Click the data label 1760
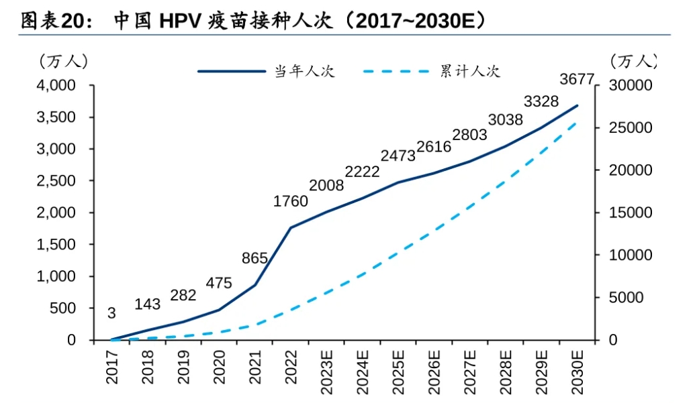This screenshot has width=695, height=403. pos(291,201)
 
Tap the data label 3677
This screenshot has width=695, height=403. pos(577,80)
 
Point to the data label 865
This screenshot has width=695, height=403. pos(255,258)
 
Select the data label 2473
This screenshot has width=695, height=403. pos(398,156)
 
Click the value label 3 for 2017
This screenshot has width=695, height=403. pos(111,313)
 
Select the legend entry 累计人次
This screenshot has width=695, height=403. pos(470,70)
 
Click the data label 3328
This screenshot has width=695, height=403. pos(541,102)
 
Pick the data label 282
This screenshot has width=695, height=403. pos(183,296)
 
